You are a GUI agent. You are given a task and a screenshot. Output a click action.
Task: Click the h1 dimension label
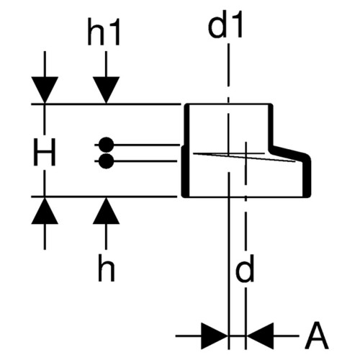pyautogui.click(x=104, y=32)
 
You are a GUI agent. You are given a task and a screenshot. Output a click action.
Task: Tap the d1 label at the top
pyautogui.click(x=225, y=24)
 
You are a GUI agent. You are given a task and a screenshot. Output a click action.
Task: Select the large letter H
pyautogui.click(x=45, y=152)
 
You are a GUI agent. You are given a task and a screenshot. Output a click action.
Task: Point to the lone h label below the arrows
pyautogui.click(x=107, y=268)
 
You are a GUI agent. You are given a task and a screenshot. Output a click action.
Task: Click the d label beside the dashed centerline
pyautogui.click(x=245, y=269)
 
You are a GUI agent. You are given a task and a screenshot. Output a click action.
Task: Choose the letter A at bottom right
pyautogui.click(x=317, y=336)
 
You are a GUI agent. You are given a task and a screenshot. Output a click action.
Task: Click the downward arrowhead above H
pyautogui.click(x=45, y=90)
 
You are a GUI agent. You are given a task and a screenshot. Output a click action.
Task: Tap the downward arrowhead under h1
pyautogui.click(x=106, y=90)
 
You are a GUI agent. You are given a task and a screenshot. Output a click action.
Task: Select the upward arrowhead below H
pyautogui.click(x=45, y=210)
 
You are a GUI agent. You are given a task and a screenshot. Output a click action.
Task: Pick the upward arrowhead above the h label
pyautogui.click(x=106, y=210)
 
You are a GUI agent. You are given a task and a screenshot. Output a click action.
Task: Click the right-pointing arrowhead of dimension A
pyautogui.click(x=215, y=336)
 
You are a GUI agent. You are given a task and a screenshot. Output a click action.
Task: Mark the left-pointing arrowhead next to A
pyautogui.click(x=260, y=336)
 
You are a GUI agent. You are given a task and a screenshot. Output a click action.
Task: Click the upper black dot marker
pyautogui.click(x=106, y=145)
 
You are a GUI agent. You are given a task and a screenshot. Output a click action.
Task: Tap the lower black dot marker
pyautogui.click(x=106, y=161)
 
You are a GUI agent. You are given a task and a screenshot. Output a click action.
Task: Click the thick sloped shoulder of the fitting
pyautogui.click(x=289, y=152)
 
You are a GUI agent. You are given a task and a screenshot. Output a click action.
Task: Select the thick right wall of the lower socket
pyautogui.click(x=308, y=178)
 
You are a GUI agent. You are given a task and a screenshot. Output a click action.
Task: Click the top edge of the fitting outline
pyautogui.click(x=229, y=104)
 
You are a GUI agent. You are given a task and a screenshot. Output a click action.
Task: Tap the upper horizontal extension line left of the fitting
pyautogui.click(x=106, y=104)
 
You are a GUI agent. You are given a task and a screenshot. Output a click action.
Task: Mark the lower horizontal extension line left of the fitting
pyautogui.click(x=104, y=197)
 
